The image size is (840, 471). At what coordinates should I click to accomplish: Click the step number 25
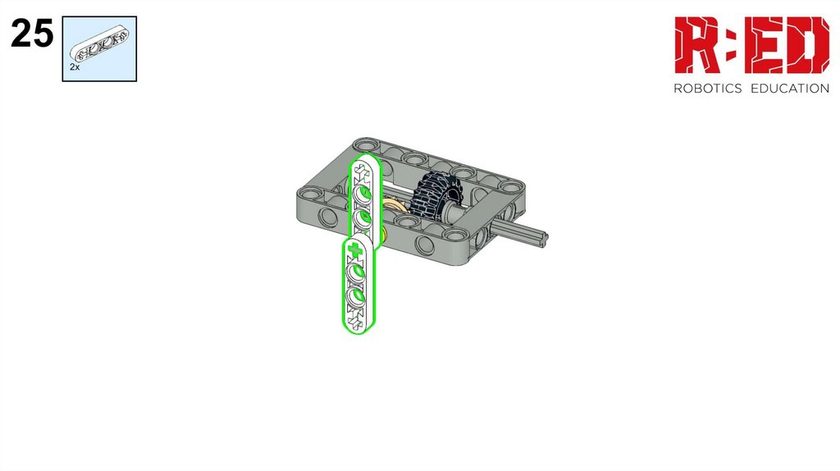(32, 33)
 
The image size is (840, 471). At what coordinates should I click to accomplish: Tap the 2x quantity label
(75, 67)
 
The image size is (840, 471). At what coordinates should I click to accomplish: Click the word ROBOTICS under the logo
(707, 89)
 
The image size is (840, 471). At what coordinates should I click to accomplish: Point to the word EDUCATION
(790, 89)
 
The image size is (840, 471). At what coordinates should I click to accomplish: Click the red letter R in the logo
(698, 45)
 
